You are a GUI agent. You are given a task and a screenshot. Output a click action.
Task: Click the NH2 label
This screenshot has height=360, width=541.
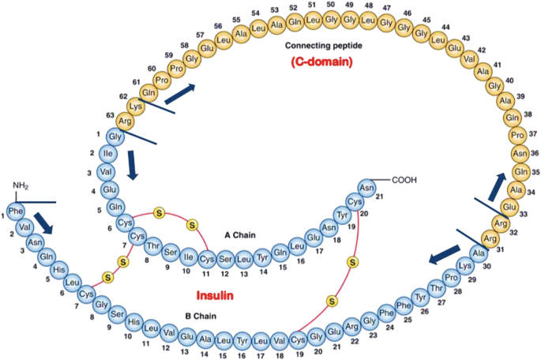pyautogui.click(x=21, y=186)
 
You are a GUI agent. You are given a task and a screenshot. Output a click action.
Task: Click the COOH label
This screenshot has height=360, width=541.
pyautogui.click(x=404, y=180)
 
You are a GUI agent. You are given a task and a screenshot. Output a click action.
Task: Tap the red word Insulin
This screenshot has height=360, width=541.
pyautogui.click(x=215, y=295)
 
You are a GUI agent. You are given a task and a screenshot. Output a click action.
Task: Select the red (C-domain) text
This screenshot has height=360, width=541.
pyautogui.click(x=322, y=62)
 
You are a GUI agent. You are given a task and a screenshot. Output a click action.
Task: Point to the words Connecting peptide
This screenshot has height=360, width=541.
pyautogui.click(x=324, y=46)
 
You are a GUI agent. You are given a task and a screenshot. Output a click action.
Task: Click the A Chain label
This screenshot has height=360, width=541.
pyautogui.click(x=240, y=235)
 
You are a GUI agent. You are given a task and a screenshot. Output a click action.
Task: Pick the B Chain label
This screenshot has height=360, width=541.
pyautogui.click(x=201, y=316)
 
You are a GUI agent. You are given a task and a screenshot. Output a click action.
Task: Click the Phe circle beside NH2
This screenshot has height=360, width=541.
pyautogui.click(x=16, y=211)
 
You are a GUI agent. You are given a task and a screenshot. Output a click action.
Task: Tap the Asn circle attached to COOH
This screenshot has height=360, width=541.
pyautogui.click(x=366, y=188)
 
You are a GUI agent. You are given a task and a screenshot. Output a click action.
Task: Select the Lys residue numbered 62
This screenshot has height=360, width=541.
pyautogui.click(x=136, y=107)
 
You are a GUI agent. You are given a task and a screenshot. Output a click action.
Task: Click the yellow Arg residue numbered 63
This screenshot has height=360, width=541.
pyautogui.click(x=125, y=121)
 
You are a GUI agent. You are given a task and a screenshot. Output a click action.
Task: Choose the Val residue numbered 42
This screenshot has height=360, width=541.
pyautogui.click(x=469, y=59)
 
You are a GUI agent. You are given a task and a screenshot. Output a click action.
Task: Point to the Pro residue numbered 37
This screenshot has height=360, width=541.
pyautogui.click(x=517, y=135)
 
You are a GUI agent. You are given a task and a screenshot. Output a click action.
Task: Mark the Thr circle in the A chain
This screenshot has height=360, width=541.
pyautogui.click(x=152, y=246)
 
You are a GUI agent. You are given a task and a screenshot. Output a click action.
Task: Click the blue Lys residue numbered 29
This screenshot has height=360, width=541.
pyautogui.click(x=465, y=265)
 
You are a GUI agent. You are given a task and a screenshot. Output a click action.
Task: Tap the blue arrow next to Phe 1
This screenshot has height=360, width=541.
pyautogui.click(x=43, y=223)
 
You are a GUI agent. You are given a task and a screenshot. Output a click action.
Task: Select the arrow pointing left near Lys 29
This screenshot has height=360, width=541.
pyautogui.click(x=445, y=255)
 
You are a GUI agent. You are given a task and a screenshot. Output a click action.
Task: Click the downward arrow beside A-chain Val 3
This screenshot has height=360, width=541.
pyautogui.click(x=132, y=165)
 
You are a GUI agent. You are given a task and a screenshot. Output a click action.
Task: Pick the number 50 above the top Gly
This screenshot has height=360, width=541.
pyautogui.click(x=331, y=5)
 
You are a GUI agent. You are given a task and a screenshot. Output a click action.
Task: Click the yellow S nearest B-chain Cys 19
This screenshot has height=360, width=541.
pyautogui.click(x=332, y=302)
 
